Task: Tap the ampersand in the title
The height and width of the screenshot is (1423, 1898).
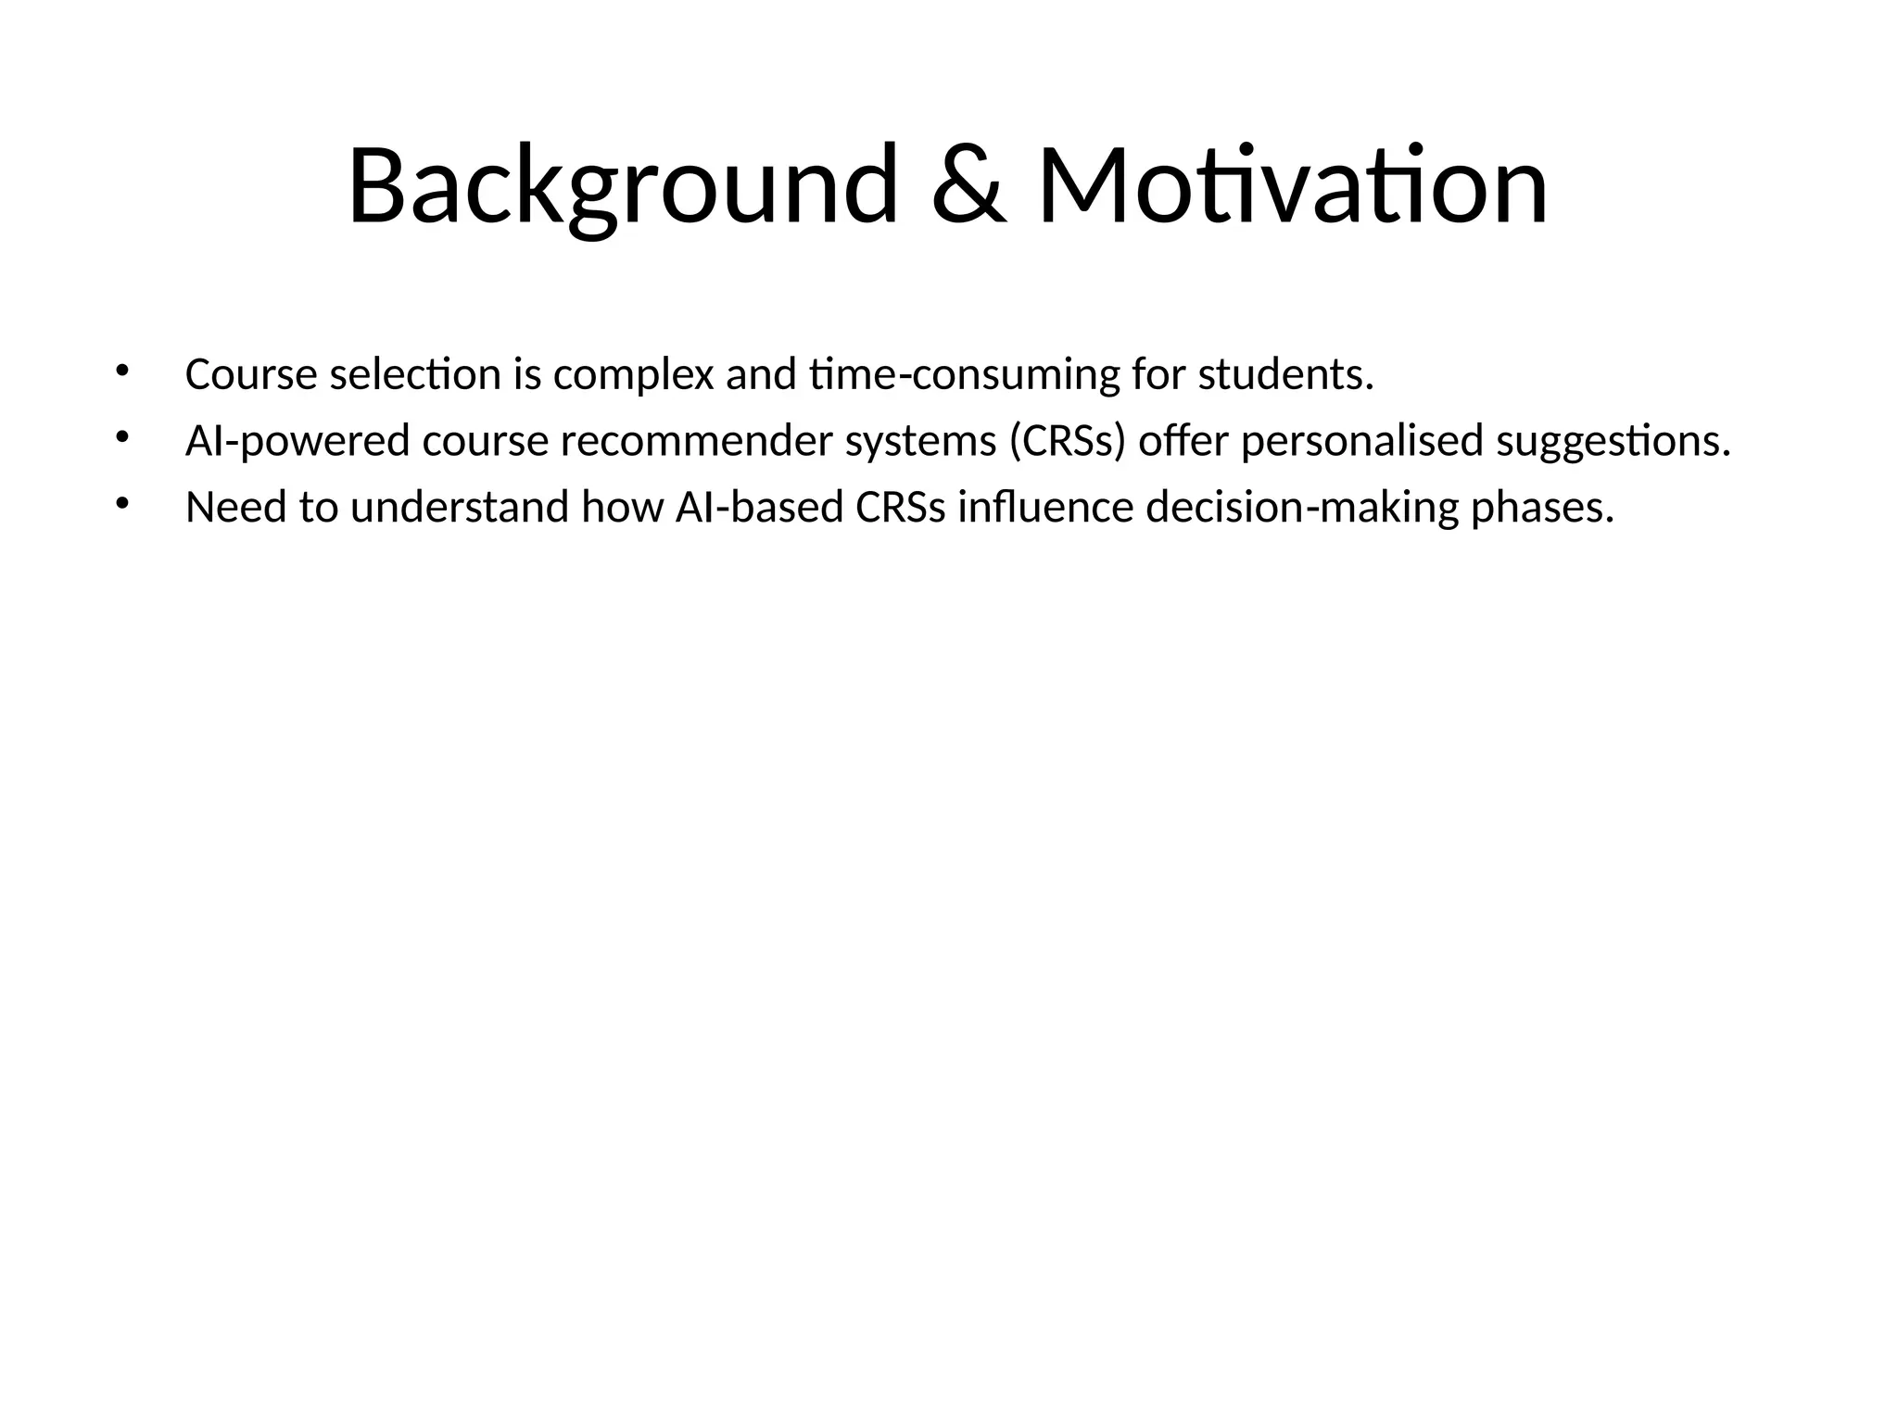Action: coord(968,185)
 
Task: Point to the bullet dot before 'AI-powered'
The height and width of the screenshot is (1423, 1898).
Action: coord(121,437)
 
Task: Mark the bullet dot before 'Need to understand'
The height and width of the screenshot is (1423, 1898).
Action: coord(121,504)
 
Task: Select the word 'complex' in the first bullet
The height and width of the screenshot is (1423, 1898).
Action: coord(633,375)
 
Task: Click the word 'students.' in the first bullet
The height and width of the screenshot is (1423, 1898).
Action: coord(1285,375)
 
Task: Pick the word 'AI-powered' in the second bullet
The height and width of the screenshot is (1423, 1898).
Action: coord(297,442)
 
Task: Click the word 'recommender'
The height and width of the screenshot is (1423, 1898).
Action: coord(695,442)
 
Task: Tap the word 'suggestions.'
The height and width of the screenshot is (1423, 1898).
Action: coord(1613,442)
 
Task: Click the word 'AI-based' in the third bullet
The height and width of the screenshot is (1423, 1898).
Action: coord(760,509)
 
